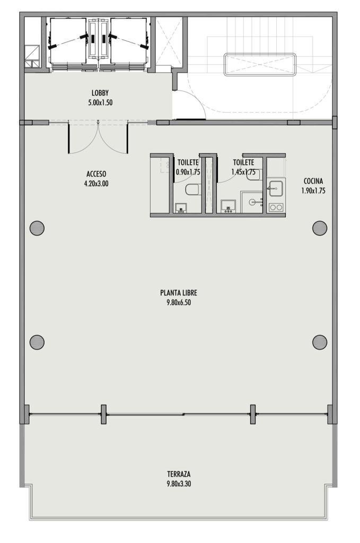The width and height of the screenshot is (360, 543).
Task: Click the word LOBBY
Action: click(100, 93)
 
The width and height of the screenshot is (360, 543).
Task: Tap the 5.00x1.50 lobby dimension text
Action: click(100, 102)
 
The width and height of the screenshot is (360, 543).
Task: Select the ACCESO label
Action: click(96, 174)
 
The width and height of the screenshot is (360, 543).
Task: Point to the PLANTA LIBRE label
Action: click(179, 293)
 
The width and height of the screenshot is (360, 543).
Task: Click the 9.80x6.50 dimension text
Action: click(179, 302)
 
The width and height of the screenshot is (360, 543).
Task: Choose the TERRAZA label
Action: click(179, 474)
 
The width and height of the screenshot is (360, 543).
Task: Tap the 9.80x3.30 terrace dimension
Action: click(179, 484)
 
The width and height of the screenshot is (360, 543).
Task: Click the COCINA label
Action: click(313, 181)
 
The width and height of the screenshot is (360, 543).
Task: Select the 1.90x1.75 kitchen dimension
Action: click(313, 190)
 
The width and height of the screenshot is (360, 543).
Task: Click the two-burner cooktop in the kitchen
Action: click(276, 207)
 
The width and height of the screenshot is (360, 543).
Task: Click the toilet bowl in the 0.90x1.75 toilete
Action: click(192, 189)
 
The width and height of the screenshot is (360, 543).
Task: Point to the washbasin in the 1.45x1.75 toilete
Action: click(228, 206)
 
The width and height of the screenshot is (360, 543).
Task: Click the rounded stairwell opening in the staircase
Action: click(260, 64)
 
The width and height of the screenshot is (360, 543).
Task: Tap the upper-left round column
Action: click(37, 228)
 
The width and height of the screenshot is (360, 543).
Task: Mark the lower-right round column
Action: click(320, 342)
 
